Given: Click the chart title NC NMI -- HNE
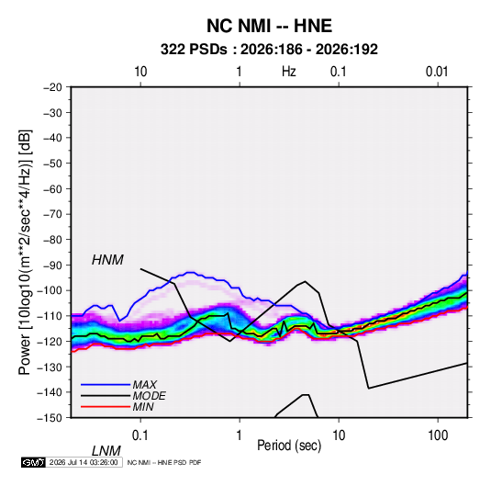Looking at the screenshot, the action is tap(269, 26).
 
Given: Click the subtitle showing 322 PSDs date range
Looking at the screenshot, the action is tap(269, 50).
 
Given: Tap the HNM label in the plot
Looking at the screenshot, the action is tap(107, 260).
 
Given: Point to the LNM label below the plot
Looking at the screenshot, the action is tap(106, 451).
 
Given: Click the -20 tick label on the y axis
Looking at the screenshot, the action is tap(52, 87).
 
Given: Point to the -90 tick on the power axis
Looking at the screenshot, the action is tap(52, 266).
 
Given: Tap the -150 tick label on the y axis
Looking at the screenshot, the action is tap(50, 418).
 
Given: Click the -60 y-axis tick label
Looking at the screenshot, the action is tap(52, 188).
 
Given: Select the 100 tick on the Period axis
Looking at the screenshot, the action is tap(438, 435).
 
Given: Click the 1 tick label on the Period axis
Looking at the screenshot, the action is tap(240, 435).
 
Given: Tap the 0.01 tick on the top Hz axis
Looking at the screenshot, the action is tap(437, 72).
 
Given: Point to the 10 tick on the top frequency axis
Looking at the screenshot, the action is tap(140, 72).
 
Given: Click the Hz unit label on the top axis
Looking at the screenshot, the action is tap(289, 72).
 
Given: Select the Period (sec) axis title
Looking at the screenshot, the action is tap(289, 446).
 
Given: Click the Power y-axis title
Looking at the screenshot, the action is tap(25, 253).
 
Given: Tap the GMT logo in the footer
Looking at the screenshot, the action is tap(33, 462).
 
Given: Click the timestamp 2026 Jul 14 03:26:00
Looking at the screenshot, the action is tap(84, 462).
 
